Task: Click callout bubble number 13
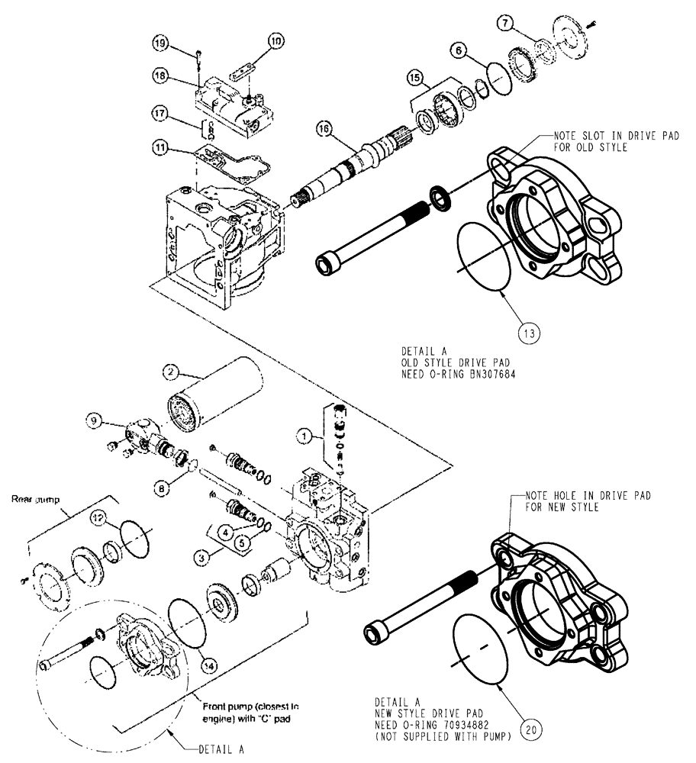coord(530,333)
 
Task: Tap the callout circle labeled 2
coord(171,372)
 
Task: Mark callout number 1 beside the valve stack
coord(304,436)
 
